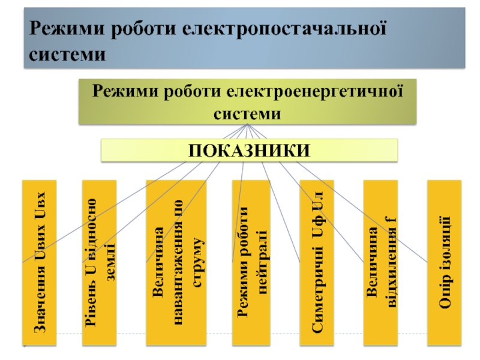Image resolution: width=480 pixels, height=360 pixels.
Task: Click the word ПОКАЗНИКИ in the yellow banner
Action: [x=250, y=150]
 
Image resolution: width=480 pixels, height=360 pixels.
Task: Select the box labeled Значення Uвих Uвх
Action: [x=39, y=263]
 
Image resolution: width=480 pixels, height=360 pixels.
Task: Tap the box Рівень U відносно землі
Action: [x=100, y=263]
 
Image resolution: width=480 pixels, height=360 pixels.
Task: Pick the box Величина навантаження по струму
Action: [x=176, y=263]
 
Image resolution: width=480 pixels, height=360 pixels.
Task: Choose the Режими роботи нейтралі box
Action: [x=251, y=263]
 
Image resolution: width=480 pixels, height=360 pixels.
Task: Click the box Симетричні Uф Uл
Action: [x=319, y=263]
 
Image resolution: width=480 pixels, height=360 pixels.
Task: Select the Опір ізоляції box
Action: [x=445, y=263]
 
